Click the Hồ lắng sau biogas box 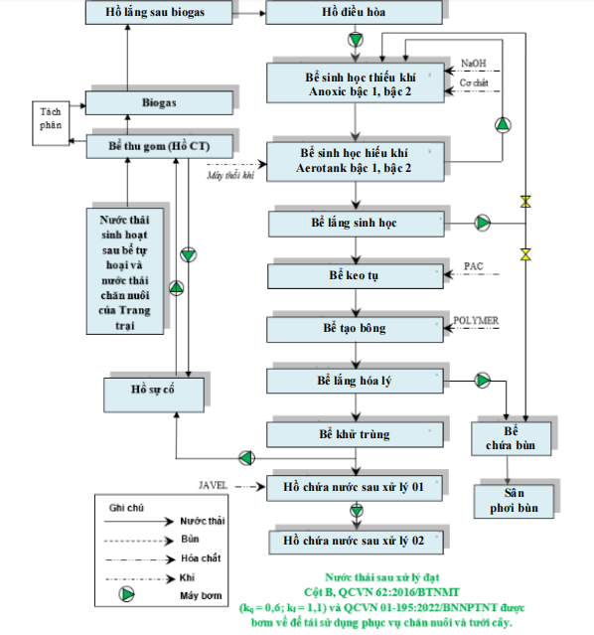tap(159, 12)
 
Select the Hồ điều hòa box tap(354, 12)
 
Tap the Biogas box tap(159, 103)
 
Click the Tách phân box tap(51, 123)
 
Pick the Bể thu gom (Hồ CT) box tap(160, 146)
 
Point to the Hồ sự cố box tap(154, 395)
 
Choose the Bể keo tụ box tap(355, 276)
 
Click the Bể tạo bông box tap(355, 329)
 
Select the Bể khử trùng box tap(355, 434)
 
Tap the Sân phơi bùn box tap(514, 502)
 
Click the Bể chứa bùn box tap(511, 438)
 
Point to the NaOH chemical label tap(474, 64)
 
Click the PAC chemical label tap(474, 266)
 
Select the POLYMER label tap(476, 320)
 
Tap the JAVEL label tap(213, 485)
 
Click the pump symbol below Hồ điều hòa tap(356, 40)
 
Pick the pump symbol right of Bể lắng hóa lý tap(482, 381)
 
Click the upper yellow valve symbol tap(525, 202)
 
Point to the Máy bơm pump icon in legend tap(127, 594)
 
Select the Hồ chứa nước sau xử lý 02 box tap(356, 542)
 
